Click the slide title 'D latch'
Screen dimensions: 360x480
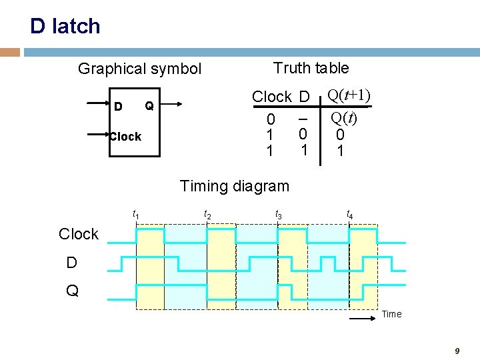(65, 26)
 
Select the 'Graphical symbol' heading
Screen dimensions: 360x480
(139, 69)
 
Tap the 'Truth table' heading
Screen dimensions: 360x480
(311, 68)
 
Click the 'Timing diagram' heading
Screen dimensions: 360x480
(235, 186)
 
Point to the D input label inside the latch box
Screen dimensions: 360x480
(118, 107)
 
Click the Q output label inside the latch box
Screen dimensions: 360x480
(149, 106)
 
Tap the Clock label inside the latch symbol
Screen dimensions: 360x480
(125, 137)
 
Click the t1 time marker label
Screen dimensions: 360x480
(136, 214)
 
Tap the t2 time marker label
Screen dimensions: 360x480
(207, 214)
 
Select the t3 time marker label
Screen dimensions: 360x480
(278, 214)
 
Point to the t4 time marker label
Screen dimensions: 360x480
(349, 214)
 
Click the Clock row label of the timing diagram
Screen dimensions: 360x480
(78, 234)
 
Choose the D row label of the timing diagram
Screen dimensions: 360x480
(71, 263)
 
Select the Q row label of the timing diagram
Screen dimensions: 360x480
(72, 291)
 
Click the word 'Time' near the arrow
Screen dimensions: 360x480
(392, 315)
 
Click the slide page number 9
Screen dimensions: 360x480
(457, 351)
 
